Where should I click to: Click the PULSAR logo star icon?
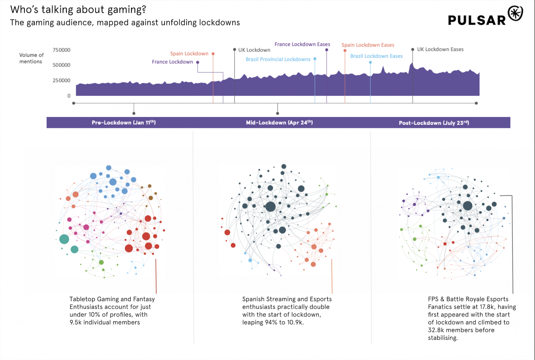(x=515, y=14)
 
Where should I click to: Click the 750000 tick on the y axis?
(x=61, y=50)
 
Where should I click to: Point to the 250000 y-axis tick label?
(x=61, y=80)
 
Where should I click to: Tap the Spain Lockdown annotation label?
(x=189, y=54)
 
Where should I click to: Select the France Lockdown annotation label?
(x=172, y=62)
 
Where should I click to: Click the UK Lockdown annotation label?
(x=254, y=50)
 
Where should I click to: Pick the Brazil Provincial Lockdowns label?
(x=278, y=60)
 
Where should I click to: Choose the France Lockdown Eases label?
(x=302, y=44)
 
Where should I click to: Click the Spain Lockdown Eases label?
(x=368, y=45)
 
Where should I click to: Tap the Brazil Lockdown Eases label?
(x=377, y=56)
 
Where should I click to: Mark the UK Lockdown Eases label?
(x=440, y=49)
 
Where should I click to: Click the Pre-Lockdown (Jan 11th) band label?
(x=124, y=123)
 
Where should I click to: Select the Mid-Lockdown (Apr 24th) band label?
(x=279, y=123)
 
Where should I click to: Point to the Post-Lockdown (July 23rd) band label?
(x=434, y=123)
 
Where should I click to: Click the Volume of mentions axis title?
(x=31, y=58)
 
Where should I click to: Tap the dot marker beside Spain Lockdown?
(x=213, y=54)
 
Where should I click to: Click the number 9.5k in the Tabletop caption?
(x=76, y=322)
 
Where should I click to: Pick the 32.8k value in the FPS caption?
(x=436, y=330)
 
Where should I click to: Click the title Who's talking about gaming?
(x=78, y=9)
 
